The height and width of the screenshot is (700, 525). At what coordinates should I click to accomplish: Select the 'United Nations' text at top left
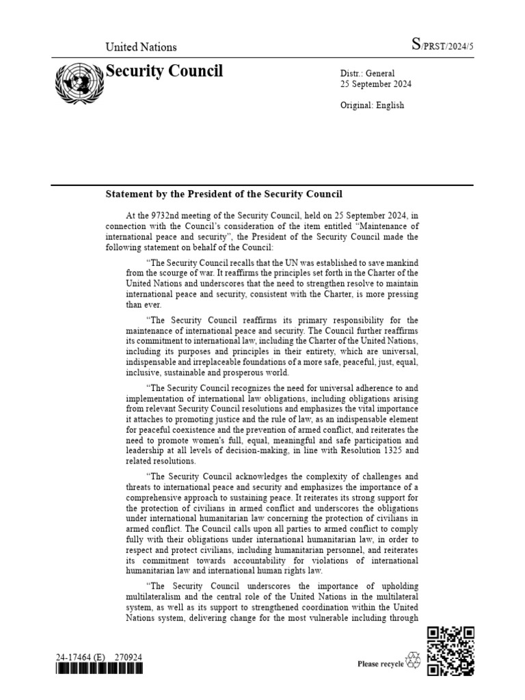click(141, 47)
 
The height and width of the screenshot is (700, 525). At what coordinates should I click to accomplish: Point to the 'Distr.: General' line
click(367, 73)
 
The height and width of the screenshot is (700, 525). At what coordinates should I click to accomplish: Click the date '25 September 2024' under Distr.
click(375, 84)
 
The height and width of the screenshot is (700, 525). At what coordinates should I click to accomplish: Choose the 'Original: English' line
click(372, 105)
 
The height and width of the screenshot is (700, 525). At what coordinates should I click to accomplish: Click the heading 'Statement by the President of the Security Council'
click(224, 194)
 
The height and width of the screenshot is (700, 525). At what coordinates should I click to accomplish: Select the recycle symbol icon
click(414, 660)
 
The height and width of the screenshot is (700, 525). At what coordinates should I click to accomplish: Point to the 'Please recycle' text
click(381, 663)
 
